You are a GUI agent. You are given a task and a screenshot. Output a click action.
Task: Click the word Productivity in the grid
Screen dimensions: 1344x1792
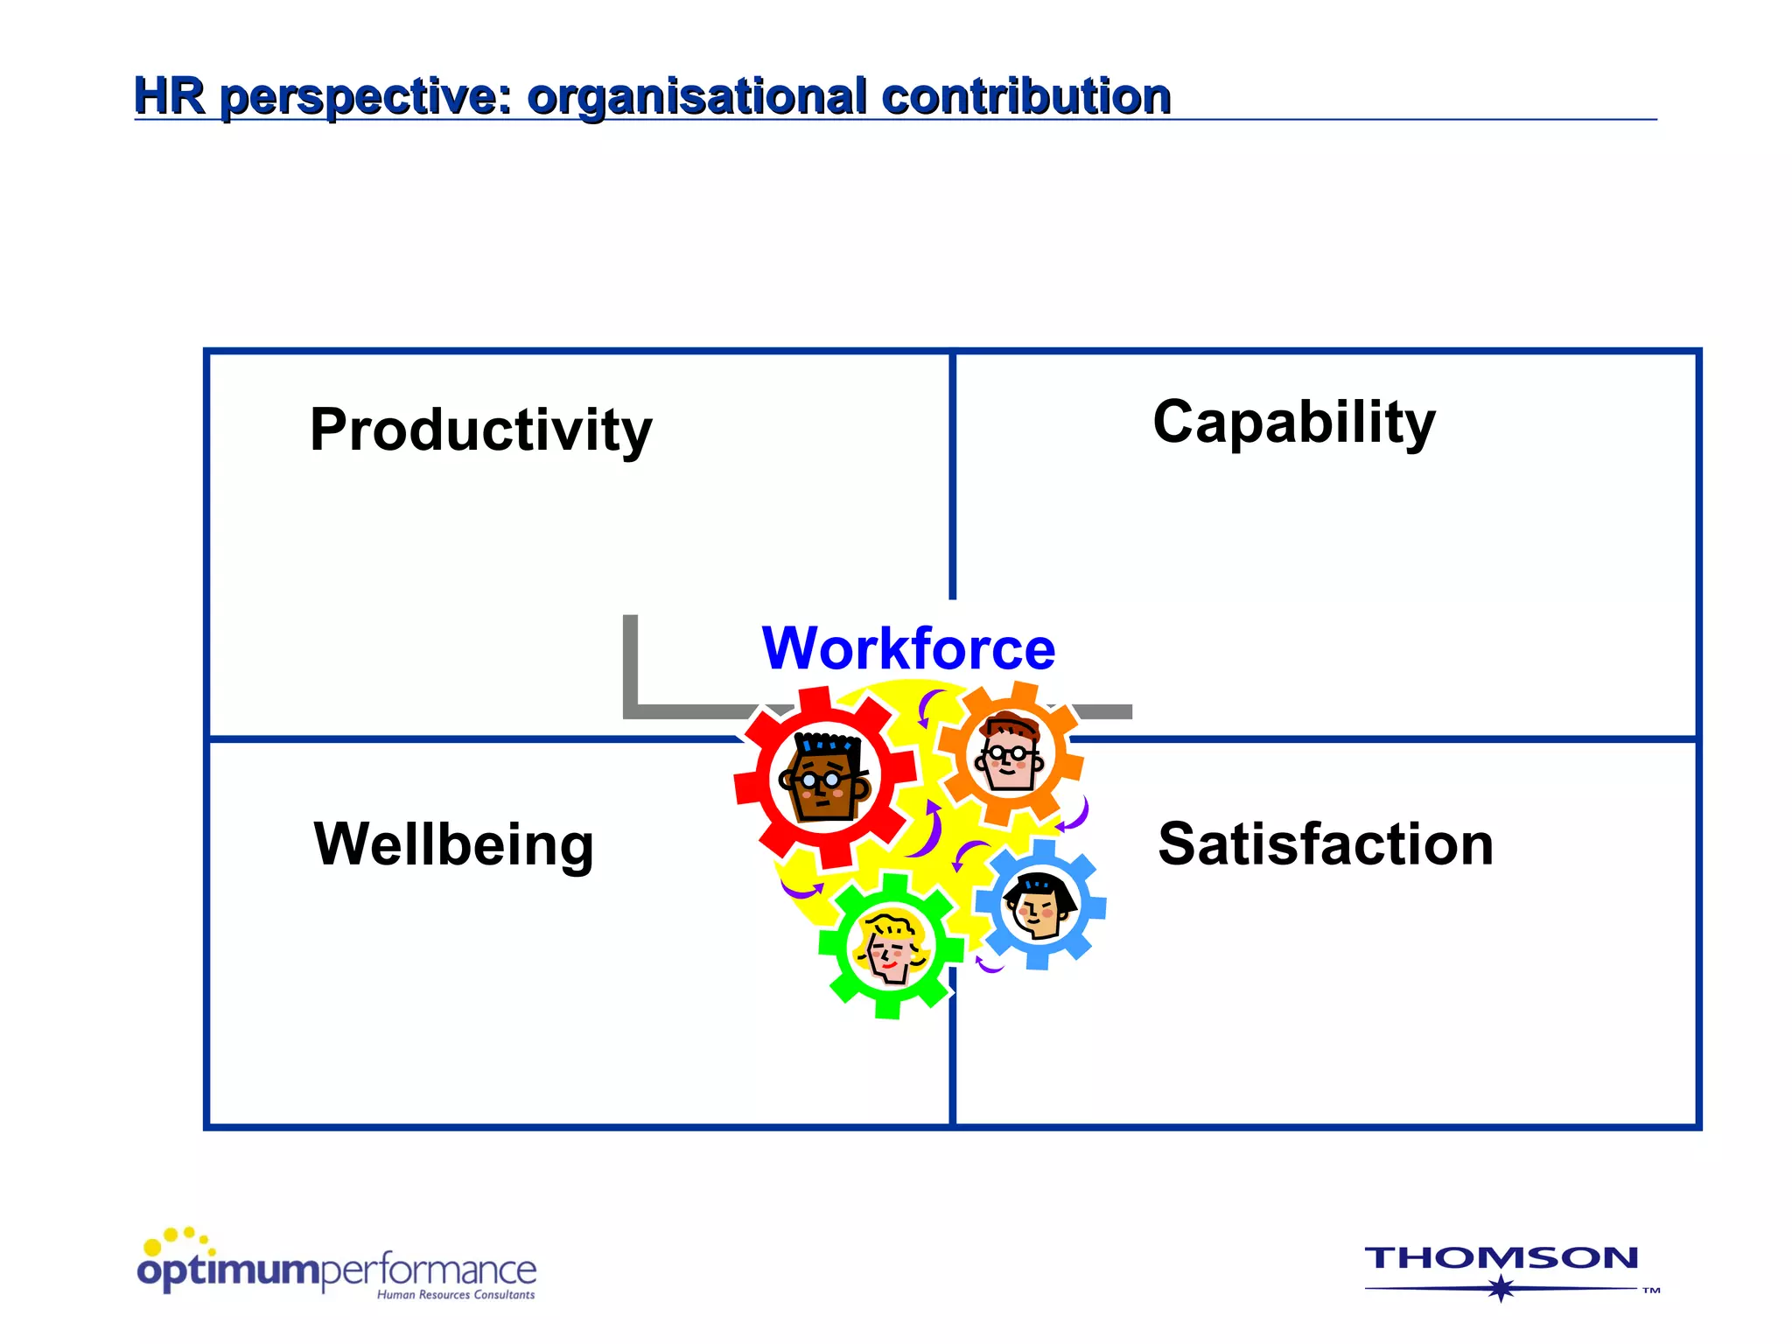480,430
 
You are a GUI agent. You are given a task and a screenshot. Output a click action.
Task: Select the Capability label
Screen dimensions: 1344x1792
1293,422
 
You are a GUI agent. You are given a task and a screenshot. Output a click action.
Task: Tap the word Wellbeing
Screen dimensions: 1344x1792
453,844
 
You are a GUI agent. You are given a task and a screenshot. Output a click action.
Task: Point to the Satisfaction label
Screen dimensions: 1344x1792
1325,844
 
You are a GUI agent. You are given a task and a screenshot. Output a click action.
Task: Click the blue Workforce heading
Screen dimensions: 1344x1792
908,648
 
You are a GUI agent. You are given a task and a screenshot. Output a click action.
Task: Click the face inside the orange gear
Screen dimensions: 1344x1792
1009,753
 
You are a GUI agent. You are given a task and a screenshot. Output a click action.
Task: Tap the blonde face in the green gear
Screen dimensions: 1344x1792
891,946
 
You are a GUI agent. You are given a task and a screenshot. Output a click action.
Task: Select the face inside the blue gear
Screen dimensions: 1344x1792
1039,906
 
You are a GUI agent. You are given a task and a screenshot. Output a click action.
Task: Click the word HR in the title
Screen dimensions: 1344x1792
169,95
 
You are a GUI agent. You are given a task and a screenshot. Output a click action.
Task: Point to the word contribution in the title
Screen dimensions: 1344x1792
1025,95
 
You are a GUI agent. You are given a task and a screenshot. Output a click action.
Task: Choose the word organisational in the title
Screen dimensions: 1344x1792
696,95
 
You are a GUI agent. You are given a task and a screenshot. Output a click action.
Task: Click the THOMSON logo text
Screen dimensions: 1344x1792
1501,1258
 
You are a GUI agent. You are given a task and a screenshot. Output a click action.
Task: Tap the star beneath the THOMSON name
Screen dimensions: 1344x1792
1501,1288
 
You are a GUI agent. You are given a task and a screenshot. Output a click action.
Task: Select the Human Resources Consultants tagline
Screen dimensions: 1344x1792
455,1295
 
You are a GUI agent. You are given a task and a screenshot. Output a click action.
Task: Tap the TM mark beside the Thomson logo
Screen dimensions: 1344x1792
1650,1291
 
